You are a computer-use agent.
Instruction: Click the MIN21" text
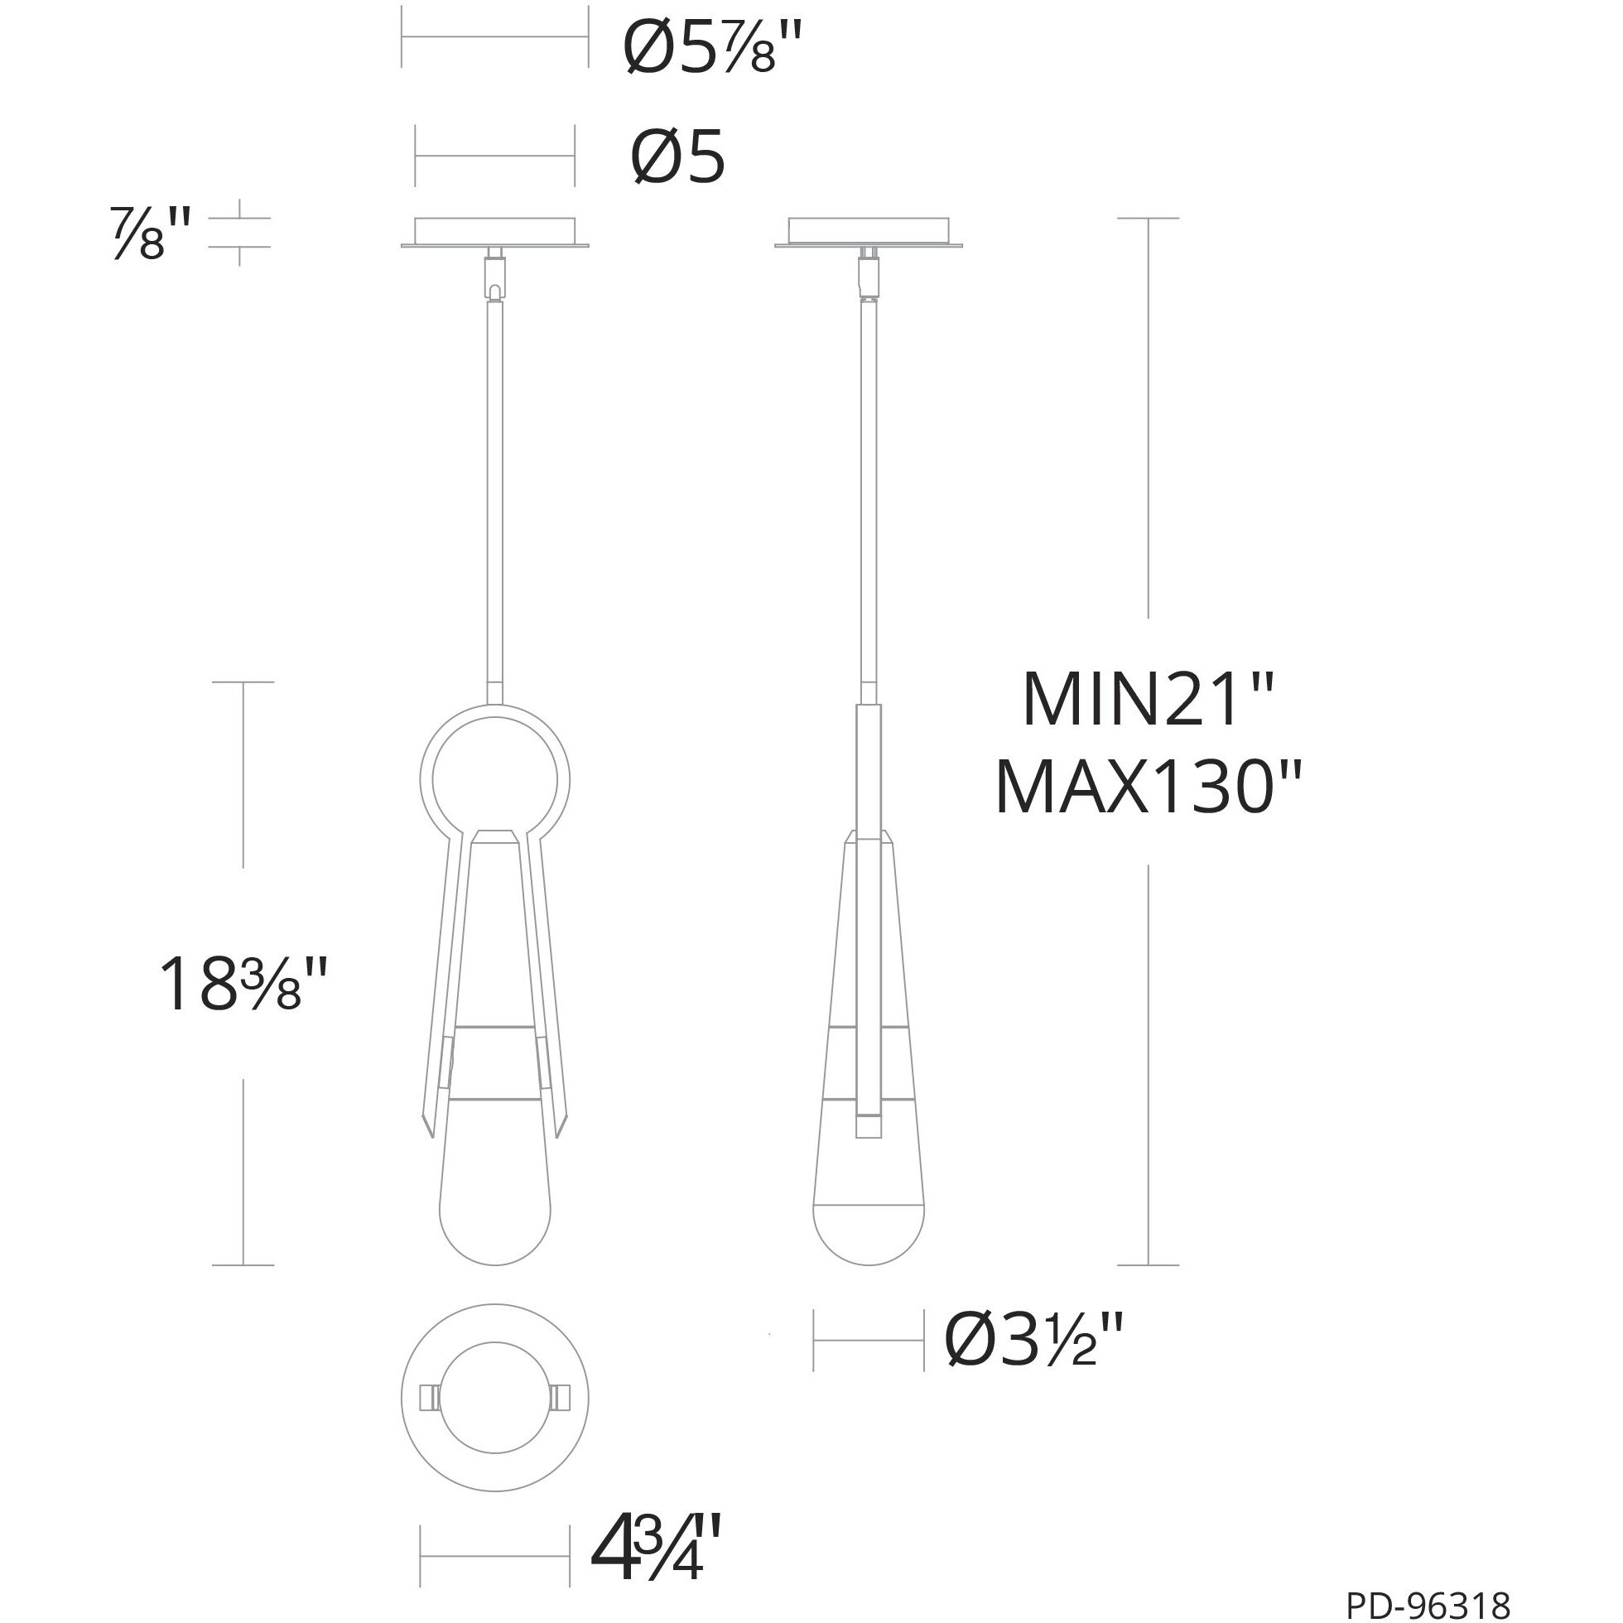(1148, 700)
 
